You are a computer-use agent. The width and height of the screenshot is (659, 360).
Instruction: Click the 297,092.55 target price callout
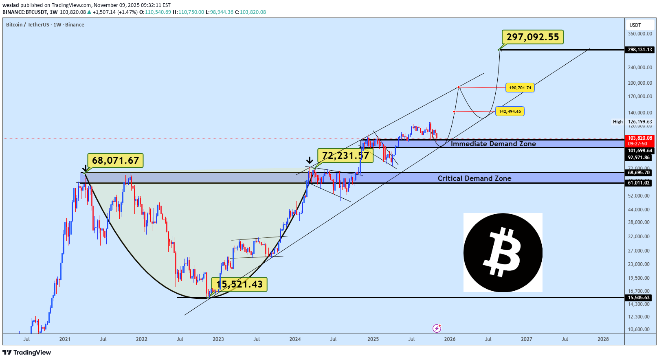(x=533, y=37)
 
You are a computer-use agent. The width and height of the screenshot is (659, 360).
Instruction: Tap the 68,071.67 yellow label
(x=116, y=160)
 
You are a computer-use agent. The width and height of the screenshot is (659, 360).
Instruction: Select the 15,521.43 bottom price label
(x=239, y=284)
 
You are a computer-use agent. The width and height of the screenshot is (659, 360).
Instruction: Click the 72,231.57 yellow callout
(x=345, y=155)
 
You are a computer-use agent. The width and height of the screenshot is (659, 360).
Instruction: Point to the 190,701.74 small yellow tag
(x=520, y=88)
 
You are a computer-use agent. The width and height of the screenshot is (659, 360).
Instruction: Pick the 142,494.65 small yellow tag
(x=510, y=111)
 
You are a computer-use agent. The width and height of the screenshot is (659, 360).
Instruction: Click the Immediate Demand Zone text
(x=493, y=144)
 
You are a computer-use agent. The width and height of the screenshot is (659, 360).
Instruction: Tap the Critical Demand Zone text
(x=474, y=178)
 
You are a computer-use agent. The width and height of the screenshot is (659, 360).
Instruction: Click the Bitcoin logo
(x=503, y=252)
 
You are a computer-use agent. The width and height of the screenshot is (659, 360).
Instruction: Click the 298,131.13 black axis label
(x=640, y=50)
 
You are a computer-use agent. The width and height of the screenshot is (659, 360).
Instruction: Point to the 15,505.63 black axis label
(x=639, y=298)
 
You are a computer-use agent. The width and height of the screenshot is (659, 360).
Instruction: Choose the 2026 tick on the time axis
(x=450, y=339)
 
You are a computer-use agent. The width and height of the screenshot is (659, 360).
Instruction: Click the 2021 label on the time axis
(x=65, y=339)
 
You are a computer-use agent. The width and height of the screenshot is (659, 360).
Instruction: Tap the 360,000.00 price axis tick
(x=640, y=34)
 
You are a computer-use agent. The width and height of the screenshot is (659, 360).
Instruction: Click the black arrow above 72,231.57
(x=310, y=160)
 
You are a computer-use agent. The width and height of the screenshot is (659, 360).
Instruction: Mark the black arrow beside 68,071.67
(x=85, y=168)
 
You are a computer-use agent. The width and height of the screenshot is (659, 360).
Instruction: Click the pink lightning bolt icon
(x=437, y=328)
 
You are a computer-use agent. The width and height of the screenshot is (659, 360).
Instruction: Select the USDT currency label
(x=635, y=25)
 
